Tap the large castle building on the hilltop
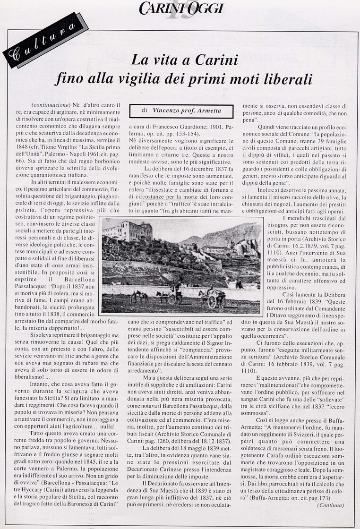128,231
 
